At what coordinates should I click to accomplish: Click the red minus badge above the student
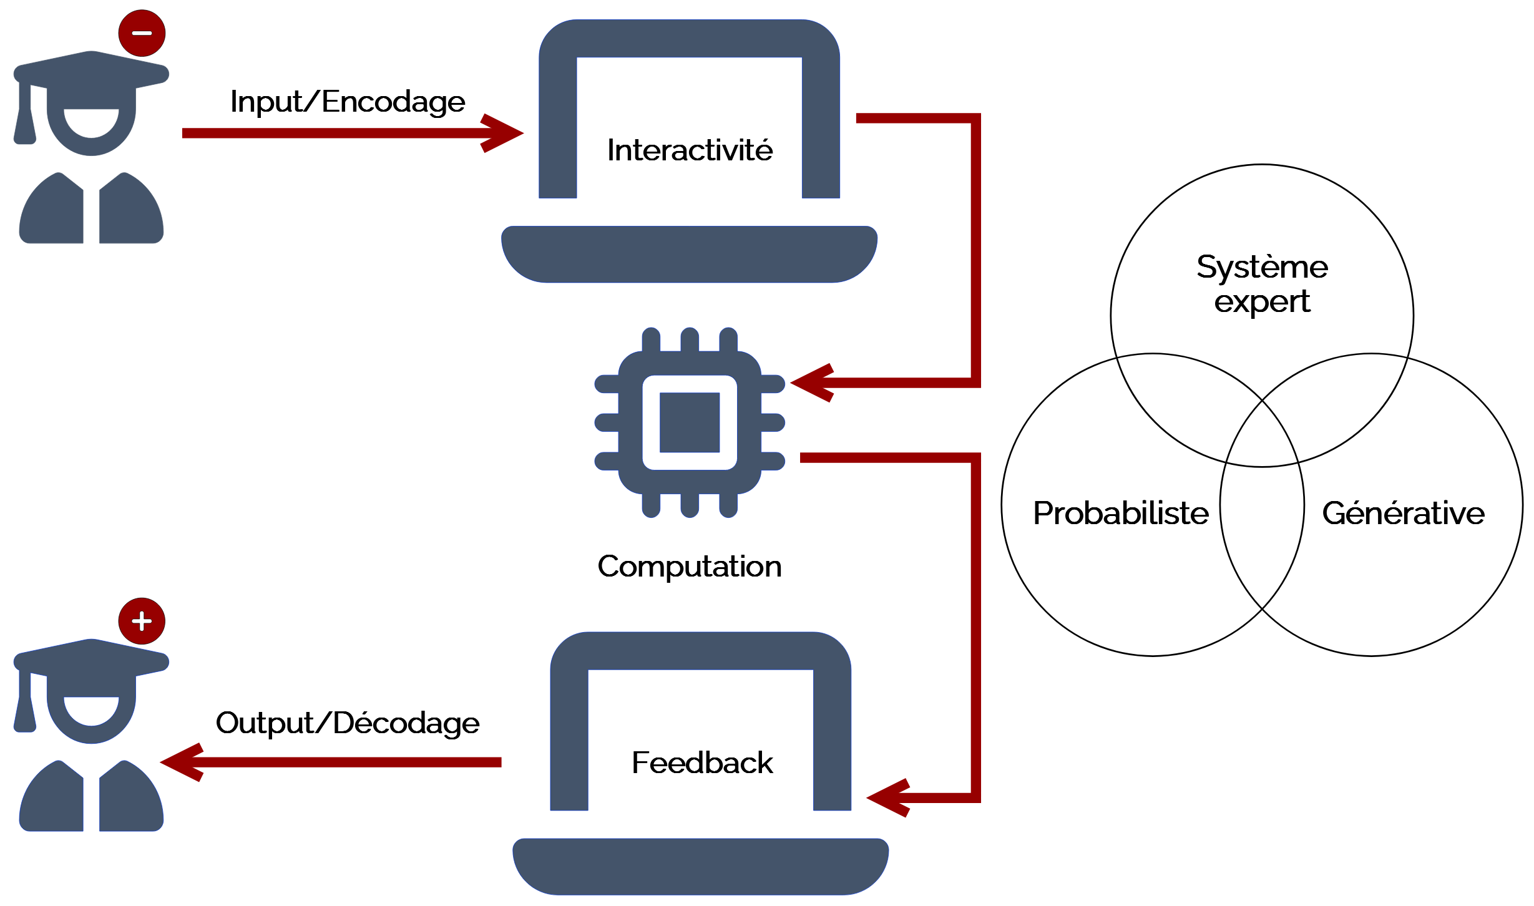(142, 33)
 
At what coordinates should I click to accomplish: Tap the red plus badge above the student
(142, 621)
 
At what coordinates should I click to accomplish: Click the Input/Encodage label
(348, 102)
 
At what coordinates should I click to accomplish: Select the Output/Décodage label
(348, 723)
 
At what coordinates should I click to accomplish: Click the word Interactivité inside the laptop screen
(690, 150)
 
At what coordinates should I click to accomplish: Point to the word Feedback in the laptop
(702, 762)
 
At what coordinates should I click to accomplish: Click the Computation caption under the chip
(690, 567)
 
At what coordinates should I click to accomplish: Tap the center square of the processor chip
(690, 422)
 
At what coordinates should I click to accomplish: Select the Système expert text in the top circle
(1262, 285)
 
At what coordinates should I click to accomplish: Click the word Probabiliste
(1121, 513)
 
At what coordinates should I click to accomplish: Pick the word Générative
(1403, 513)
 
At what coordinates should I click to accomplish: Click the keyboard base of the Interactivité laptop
(690, 255)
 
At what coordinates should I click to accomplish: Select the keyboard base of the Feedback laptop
(700, 867)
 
